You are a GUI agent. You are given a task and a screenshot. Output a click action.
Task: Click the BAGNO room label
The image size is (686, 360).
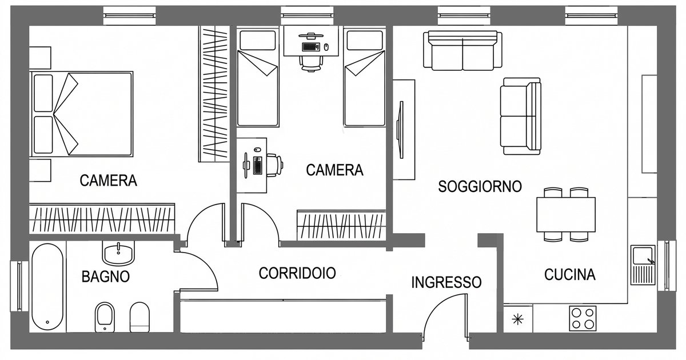coord(106,277)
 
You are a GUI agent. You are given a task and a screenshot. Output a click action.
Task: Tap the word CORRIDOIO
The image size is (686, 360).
coord(297,273)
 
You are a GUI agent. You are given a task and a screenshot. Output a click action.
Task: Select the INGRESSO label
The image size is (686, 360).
coord(446,282)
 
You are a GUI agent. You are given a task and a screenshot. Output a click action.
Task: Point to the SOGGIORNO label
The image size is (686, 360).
coord(480,186)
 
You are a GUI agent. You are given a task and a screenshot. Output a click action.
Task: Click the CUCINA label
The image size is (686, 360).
coord(569,275)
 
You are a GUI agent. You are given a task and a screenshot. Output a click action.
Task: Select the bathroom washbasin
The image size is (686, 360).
coord(119,251)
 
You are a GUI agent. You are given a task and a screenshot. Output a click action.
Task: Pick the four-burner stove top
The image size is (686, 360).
coord(583,319)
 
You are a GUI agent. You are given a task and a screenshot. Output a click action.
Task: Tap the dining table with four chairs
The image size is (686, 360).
coord(566,214)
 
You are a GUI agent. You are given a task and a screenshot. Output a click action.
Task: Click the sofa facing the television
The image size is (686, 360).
coord(521,116)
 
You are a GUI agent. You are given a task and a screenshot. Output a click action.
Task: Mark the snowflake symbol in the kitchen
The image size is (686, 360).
coord(518,319)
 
